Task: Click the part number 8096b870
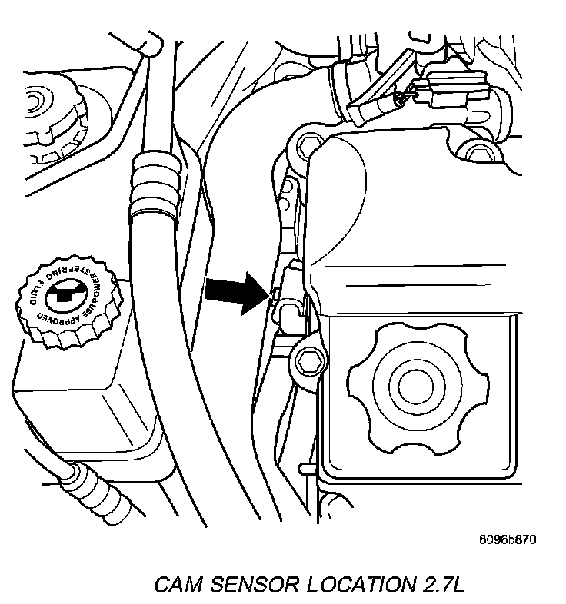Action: [505, 539]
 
